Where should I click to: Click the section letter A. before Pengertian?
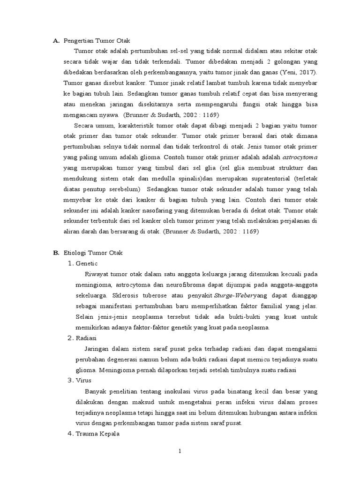[56, 41]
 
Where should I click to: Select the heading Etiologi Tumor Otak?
[92, 253]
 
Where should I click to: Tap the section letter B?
[56, 253]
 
